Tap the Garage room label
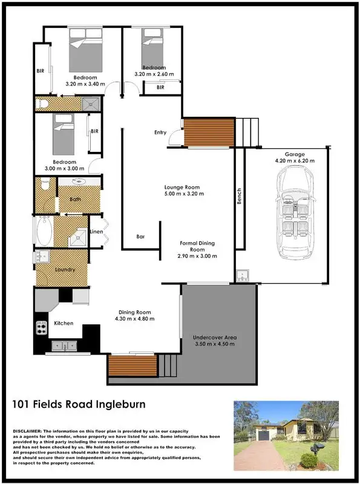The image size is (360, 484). coord(291,154)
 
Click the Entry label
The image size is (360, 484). coord(160,132)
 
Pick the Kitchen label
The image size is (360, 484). coord(64,323)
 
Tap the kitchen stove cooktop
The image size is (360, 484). coord(42,328)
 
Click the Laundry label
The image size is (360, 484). coord(65,270)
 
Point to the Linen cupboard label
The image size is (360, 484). coord(96,232)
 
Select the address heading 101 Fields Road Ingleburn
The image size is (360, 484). coord(79,404)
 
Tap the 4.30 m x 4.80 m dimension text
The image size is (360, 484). coord(136,319)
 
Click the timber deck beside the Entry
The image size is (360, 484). coord(209,133)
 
